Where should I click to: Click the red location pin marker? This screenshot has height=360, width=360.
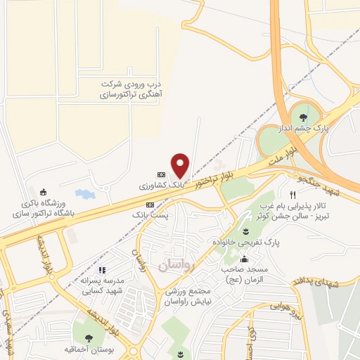click(x=181, y=165)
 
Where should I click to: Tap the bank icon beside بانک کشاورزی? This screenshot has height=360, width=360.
click(x=161, y=174)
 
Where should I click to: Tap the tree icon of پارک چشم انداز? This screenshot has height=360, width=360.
click(x=303, y=117)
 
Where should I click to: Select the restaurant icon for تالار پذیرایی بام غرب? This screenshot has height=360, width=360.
click(x=292, y=194)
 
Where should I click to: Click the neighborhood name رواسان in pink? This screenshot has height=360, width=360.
click(x=165, y=264)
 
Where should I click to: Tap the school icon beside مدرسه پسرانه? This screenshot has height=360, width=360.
click(x=101, y=269)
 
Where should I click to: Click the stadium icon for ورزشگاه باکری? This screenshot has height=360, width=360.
click(x=44, y=192)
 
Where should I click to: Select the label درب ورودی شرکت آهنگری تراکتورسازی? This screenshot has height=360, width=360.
click(x=123, y=89)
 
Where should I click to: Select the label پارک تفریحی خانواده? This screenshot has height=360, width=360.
click(x=247, y=243)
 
